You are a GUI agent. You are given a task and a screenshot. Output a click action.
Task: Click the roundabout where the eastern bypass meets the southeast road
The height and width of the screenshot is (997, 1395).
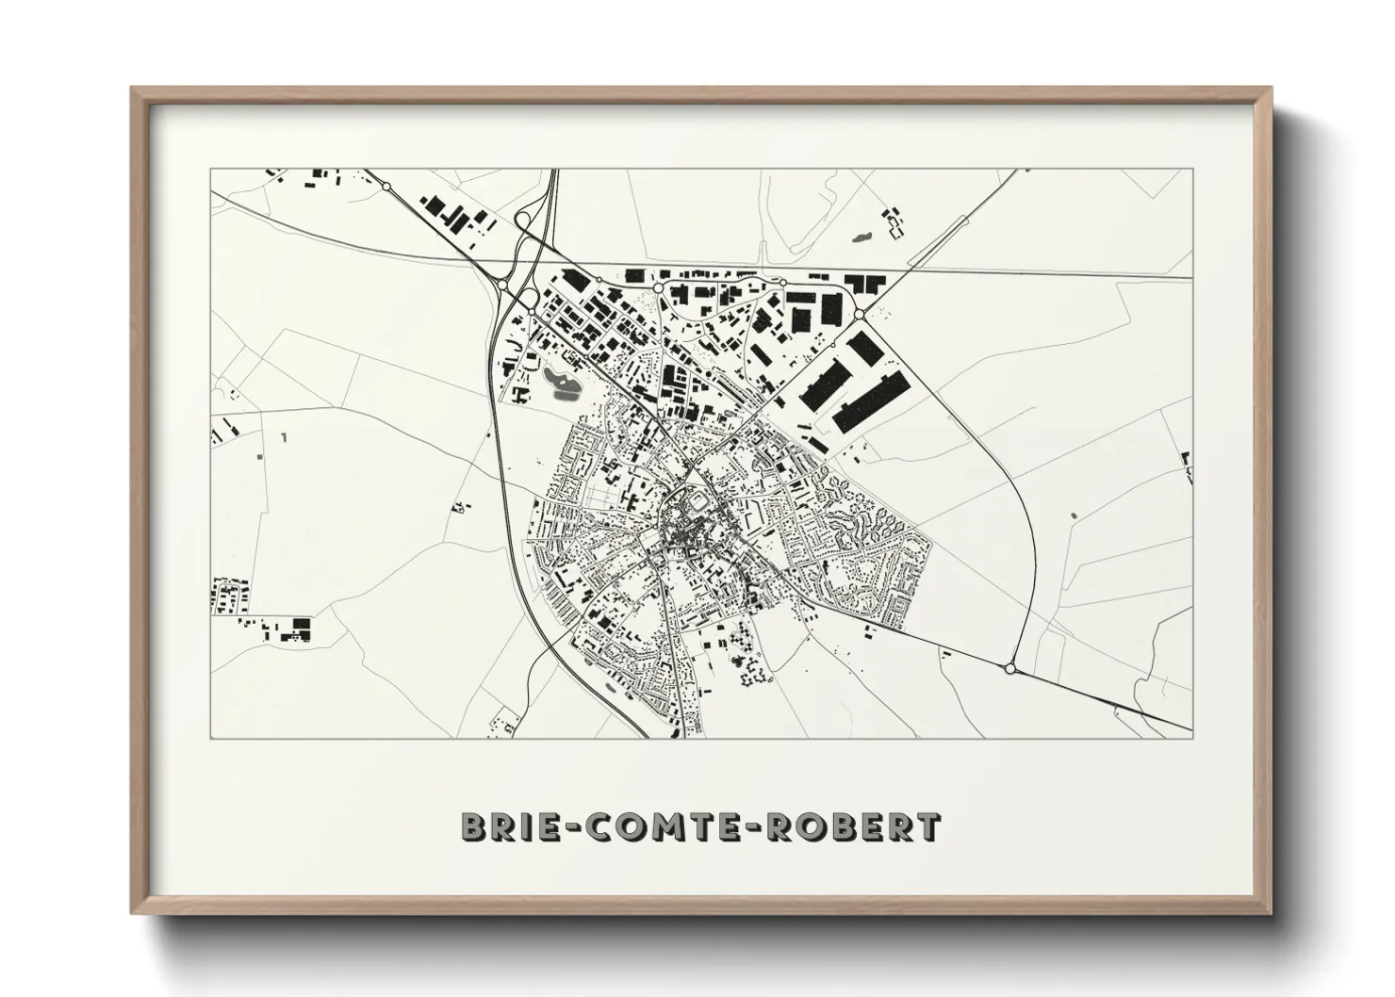click(x=1010, y=668)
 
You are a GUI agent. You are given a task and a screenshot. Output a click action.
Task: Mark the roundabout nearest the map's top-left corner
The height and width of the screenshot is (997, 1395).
click(x=386, y=188)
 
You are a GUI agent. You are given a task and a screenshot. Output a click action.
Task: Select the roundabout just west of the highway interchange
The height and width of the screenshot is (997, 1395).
click(x=502, y=284)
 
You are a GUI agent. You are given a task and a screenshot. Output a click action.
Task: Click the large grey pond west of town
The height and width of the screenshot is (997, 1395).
click(x=556, y=382)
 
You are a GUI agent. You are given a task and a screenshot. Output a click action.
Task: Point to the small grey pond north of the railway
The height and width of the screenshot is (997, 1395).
click(x=861, y=237)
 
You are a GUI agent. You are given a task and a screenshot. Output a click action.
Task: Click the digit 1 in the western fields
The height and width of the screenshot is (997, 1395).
click(x=283, y=437)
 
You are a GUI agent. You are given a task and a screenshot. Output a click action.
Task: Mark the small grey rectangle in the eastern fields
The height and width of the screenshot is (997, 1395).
click(x=1072, y=515)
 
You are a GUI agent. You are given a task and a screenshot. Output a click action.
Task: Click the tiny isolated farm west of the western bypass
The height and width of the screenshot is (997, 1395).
click(x=461, y=507)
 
